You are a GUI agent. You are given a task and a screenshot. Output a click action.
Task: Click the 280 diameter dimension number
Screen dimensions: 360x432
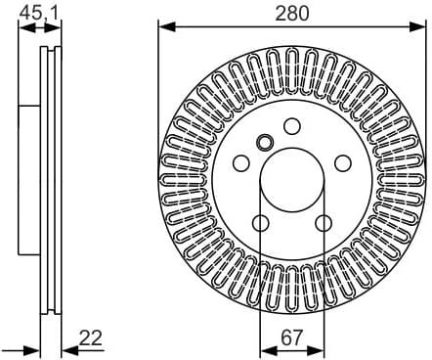pyautogui.click(x=291, y=14)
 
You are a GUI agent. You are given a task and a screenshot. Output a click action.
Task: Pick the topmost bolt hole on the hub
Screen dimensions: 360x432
pyautogui.click(x=291, y=125)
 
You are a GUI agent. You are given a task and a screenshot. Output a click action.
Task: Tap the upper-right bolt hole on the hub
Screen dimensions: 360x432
pyautogui.click(x=343, y=163)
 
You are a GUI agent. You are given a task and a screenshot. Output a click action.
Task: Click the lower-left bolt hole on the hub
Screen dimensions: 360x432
pyautogui.click(x=260, y=224)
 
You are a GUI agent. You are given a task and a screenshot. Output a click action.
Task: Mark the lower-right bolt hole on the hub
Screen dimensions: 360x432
pyautogui.click(x=324, y=224)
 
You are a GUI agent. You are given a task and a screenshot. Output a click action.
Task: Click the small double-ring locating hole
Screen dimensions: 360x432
pyautogui.click(x=264, y=142)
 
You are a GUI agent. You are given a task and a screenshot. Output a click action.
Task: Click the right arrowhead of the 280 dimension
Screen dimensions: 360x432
pyautogui.click(x=419, y=26)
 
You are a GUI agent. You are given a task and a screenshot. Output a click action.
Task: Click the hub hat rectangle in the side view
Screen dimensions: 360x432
pyautogui.click(x=29, y=181)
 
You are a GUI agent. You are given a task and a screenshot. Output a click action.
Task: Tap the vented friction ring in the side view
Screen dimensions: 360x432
pyautogui.click(x=49, y=181)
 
